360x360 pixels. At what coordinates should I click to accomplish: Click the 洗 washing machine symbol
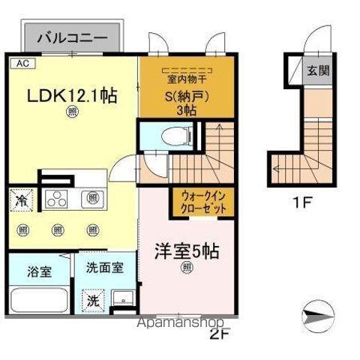pyautogui.click(x=92, y=298)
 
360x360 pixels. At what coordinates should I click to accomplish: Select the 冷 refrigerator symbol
pyautogui.click(x=21, y=201)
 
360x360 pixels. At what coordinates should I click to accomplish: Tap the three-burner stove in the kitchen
pyautogui.click(x=58, y=198)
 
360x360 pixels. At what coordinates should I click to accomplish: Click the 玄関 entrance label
pyautogui.click(x=316, y=72)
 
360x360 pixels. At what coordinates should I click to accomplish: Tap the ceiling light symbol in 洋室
pyautogui.click(x=184, y=271)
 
